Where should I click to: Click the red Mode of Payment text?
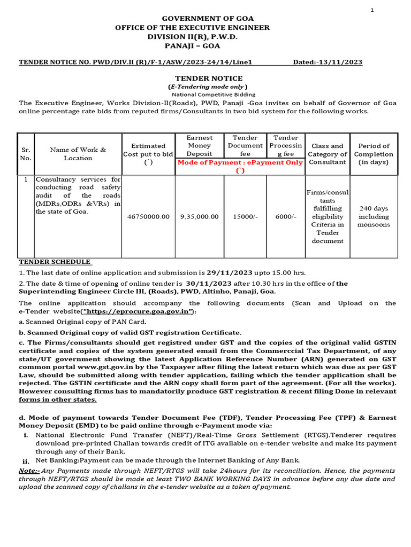(x=240, y=162)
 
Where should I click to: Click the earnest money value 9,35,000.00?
(x=199, y=217)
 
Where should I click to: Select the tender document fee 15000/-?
(x=245, y=217)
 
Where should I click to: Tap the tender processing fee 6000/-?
(x=285, y=217)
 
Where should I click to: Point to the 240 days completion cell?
(x=374, y=216)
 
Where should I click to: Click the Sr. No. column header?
(x=25, y=154)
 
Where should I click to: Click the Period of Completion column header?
(x=374, y=154)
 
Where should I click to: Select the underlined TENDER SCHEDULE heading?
(x=55, y=262)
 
